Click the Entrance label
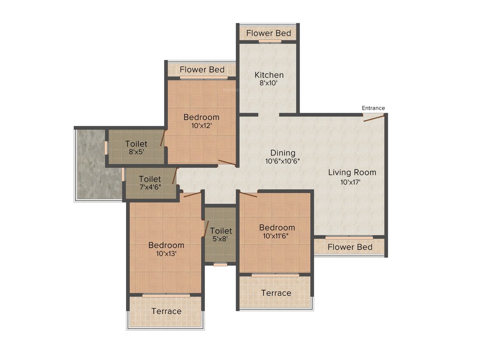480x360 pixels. click(x=373, y=108)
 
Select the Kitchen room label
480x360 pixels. click(x=269, y=75)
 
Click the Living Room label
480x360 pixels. click(x=352, y=172)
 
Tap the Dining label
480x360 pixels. click(x=283, y=153)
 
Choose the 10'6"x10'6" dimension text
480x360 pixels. click(x=282, y=161)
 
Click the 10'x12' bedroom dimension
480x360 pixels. click(x=201, y=126)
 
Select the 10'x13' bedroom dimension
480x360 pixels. click(x=166, y=254)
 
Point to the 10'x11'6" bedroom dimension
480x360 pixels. click(x=277, y=236)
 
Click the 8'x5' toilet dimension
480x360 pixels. click(x=136, y=152)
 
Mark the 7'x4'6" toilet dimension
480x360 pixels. click(x=150, y=187)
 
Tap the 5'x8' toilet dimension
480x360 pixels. click(x=221, y=239)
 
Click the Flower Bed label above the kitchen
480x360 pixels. click(x=269, y=33)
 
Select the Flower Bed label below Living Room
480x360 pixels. click(x=350, y=247)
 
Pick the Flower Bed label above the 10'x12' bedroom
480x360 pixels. click(x=202, y=70)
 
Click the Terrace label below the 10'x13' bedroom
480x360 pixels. click(x=166, y=311)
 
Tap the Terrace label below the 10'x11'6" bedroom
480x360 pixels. click(x=276, y=293)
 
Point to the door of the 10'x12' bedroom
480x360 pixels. click(x=227, y=163)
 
